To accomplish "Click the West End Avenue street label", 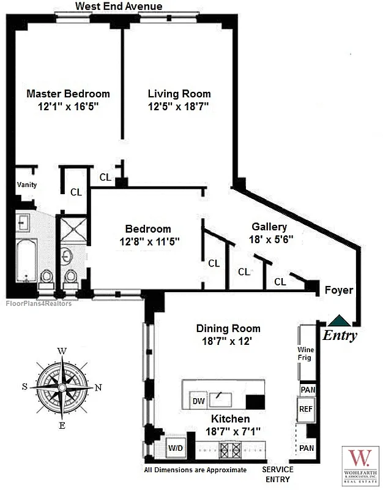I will tap(119, 6).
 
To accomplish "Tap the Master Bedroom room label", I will tap(68, 94).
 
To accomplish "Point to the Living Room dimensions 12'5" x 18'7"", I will tap(179, 107).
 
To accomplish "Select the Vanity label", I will tap(27, 184).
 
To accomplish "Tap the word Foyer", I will tap(338, 290).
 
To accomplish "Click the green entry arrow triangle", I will tap(338, 320).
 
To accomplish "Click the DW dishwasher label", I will tap(198, 401).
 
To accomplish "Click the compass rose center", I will tap(62, 387).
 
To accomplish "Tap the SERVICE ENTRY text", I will tap(278, 474).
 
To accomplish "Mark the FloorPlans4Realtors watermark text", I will tap(39, 303).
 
